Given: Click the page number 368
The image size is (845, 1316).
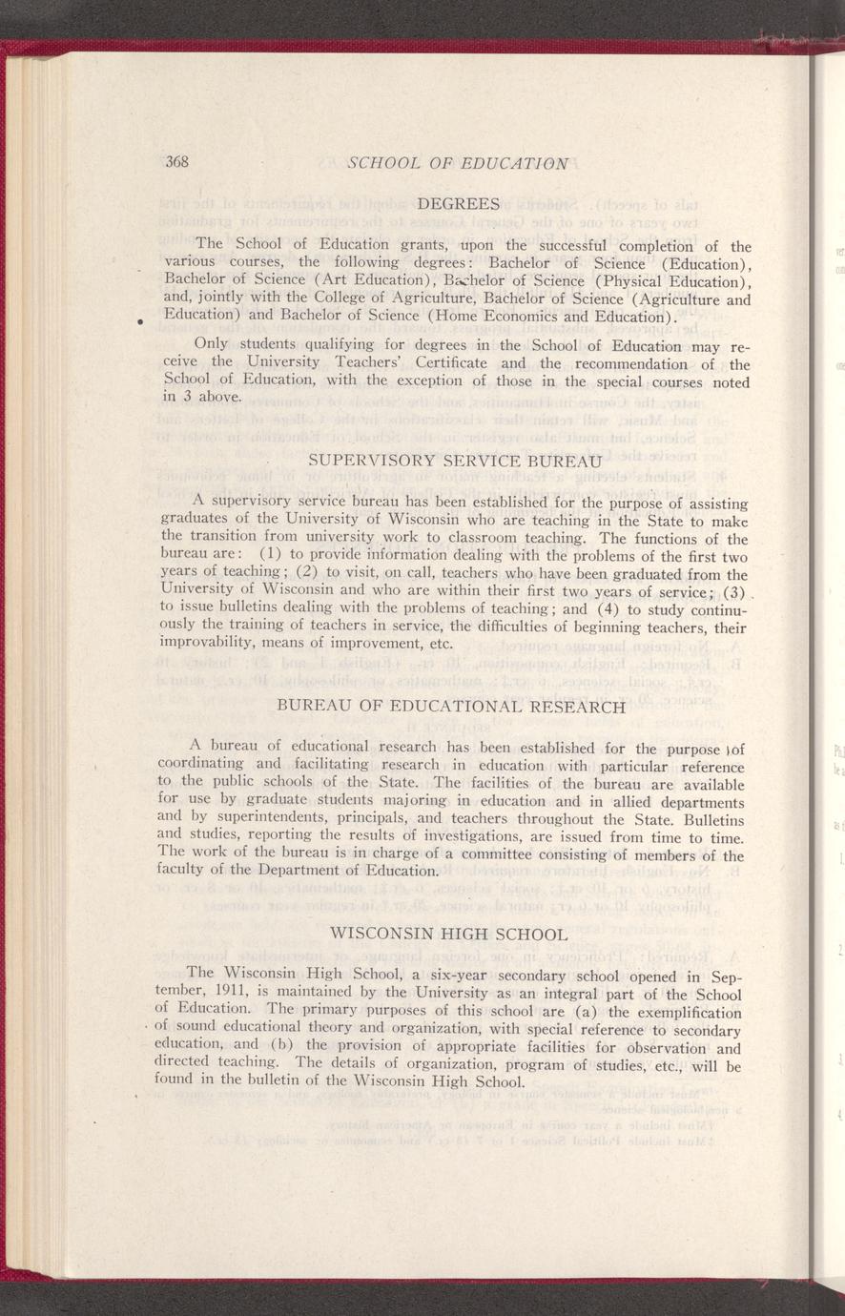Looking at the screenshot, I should point(177,161).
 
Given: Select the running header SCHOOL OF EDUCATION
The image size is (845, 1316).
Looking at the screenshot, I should point(459,163).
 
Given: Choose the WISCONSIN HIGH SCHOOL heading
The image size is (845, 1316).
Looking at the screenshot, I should point(447,932).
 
